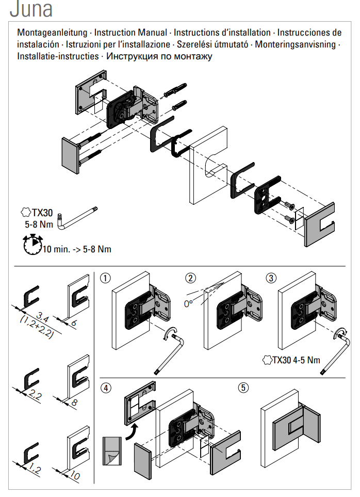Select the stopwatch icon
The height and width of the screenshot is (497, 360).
32,244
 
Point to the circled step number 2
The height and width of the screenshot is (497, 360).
191,278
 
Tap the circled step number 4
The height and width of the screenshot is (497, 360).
106,387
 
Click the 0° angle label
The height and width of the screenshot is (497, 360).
190,303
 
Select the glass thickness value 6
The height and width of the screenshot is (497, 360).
74,323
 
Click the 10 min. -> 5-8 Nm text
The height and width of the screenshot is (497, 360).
76,249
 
